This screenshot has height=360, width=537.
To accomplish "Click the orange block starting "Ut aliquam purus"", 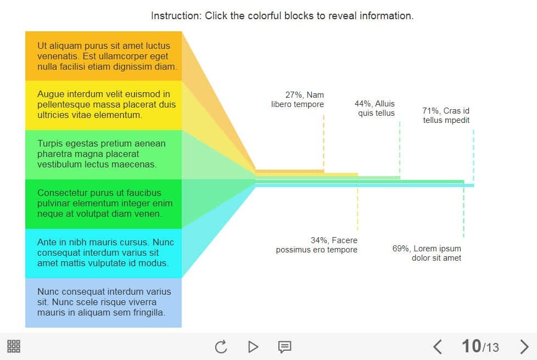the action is [x=103, y=56].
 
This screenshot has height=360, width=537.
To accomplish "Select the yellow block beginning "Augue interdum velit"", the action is [x=103, y=105].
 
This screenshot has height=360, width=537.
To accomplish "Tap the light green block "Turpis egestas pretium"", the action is [x=103, y=155].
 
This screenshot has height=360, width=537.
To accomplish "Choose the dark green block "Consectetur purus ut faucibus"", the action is [x=103, y=204].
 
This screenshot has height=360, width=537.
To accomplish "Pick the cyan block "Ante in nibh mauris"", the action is [x=103, y=254].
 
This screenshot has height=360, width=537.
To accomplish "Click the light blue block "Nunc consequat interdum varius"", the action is [x=103, y=303].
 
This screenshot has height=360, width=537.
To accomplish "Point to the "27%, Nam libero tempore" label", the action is [x=298, y=99].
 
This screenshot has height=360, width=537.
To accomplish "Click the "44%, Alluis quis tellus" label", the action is [x=374, y=109].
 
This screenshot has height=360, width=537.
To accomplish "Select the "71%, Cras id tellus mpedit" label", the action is [x=446, y=116].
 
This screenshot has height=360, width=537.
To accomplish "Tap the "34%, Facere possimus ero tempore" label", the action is [x=317, y=245].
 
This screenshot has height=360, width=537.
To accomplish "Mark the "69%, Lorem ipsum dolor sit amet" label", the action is [x=427, y=253].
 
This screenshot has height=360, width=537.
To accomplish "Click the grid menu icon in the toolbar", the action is [x=14, y=346].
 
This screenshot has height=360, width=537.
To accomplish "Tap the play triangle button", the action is [x=253, y=347].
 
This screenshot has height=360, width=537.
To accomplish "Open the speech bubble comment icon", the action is [x=284, y=347].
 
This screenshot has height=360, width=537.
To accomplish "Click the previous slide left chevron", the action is [x=437, y=347].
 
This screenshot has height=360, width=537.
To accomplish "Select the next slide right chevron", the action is [x=524, y=347].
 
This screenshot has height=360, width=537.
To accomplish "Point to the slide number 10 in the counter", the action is [x=471, y=346].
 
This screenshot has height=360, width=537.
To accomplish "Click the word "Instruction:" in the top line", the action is [x=176, y=16].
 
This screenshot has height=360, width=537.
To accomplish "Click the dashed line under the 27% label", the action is [x=323, y=142].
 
